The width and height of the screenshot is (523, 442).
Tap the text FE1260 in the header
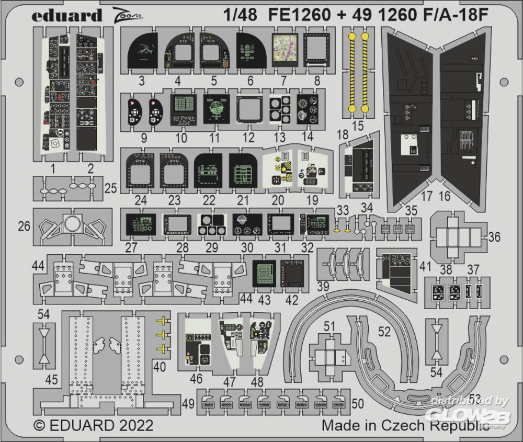[x=301, y=15]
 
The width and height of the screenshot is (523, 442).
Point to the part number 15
[x=358, y=127]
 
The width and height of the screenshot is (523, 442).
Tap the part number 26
[x=24, y=226]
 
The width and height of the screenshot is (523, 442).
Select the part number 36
[x=494, y=237]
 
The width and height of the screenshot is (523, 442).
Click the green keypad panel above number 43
[x=265, y=273]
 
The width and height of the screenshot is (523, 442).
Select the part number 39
[x=323, y=286]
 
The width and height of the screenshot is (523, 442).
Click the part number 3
[x=142, y=81]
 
